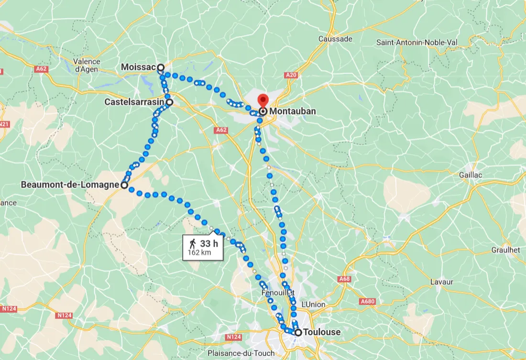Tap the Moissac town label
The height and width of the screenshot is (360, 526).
click(138, 67)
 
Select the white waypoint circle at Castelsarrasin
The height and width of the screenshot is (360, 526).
click(169, 102)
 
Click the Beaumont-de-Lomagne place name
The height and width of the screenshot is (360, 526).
click(69, 185)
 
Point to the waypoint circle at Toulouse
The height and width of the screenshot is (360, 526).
click(298, 332)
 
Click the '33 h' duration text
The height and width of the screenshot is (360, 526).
click(209, 244)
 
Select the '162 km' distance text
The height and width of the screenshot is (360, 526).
click(199, 252)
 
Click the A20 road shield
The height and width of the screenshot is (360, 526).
click(291, 75)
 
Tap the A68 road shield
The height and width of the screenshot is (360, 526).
click(344, 279)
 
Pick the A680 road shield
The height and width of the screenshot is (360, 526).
click(368, 301)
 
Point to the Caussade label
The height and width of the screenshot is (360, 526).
click(335, 39)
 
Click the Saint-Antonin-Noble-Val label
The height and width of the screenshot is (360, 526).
click(417, 43)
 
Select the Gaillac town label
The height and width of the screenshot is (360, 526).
click(471, 175)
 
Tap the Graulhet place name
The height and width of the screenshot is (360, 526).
click(505, 250)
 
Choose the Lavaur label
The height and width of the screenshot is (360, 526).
click(441, 282)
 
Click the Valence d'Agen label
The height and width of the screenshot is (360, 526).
click(87, 65)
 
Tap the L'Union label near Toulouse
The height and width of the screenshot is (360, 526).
click(313, 305)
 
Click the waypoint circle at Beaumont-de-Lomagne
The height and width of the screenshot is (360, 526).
click(124, 185)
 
